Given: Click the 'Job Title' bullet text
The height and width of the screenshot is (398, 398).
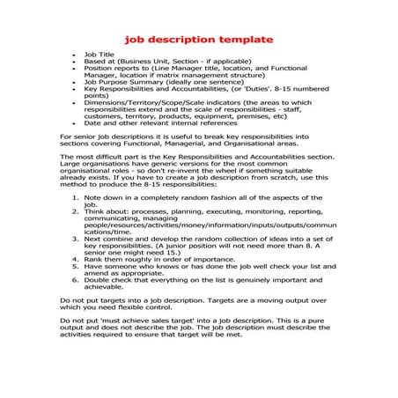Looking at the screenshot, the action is pyautogui.click(x=101, y=54).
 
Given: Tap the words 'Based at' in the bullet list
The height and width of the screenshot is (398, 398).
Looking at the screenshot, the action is pyautogui.click(x=99, y=61).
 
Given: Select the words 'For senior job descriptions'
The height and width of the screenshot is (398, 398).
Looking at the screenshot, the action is pyautogui.click(x=105, y=137).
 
